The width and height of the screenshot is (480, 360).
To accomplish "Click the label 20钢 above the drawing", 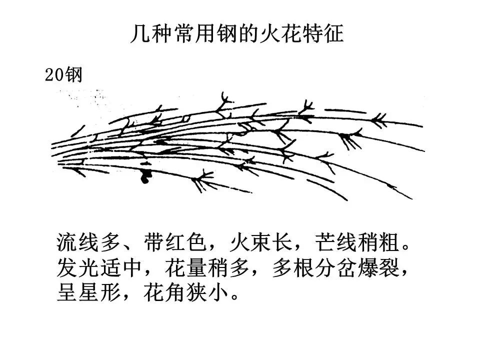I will pos(63,75).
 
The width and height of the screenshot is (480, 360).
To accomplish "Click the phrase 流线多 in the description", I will pos(89,243).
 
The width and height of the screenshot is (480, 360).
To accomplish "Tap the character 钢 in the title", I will pos(238,34).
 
